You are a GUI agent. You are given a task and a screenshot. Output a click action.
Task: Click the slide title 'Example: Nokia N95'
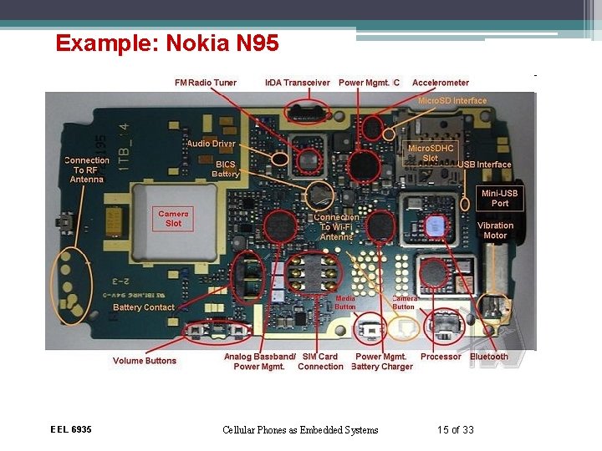pyautogui.click(x=167, y=43)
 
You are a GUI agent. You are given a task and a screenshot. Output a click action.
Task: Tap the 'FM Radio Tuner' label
pyautogui.click(x=206, y=83)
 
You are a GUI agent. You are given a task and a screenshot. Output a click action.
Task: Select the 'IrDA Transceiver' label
pyautogui.click(x=298, y=83)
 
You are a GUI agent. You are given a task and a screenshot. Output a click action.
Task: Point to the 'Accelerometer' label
pyautogui.click(x=441, y=83)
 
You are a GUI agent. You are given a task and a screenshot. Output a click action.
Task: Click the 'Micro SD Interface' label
pyautogui.click(x=451, y=100)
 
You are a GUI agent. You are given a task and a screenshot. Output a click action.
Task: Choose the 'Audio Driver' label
pyautogui.click(x=211, y=144)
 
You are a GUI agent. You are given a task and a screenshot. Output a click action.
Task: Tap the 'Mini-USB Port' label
pyautogui.click(x=500, y=198)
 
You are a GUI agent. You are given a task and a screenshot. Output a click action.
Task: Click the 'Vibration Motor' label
pyautogui.click(x=495, y=231)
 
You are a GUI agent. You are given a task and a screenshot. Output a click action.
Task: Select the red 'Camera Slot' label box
pyautogui.click(x=173, y=218)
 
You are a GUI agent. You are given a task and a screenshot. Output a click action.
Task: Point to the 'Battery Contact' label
pyautogui.click(x=144, y=307)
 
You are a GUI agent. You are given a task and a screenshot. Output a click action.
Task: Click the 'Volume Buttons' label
pyautogui.click(x=145, y=361)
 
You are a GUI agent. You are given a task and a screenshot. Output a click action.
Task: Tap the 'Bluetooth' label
pyautogui.click(x=489, y=357)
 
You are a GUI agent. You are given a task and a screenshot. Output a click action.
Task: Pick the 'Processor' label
pyautogui.click(x=441, y=357)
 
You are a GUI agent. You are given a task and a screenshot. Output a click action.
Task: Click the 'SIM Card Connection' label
pyautogui.click(x=320, y=362)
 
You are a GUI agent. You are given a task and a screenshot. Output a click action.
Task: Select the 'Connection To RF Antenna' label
pyautogui.click(x=87, y=170)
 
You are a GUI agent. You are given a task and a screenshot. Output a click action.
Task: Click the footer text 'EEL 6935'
pyautogui.click(x=71, y=429)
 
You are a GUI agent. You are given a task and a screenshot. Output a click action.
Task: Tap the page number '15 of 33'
pyautogui.click(x=455, y=430)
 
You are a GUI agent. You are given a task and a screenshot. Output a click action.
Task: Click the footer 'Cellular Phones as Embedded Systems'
pyautogui.click(x=300, y=430)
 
